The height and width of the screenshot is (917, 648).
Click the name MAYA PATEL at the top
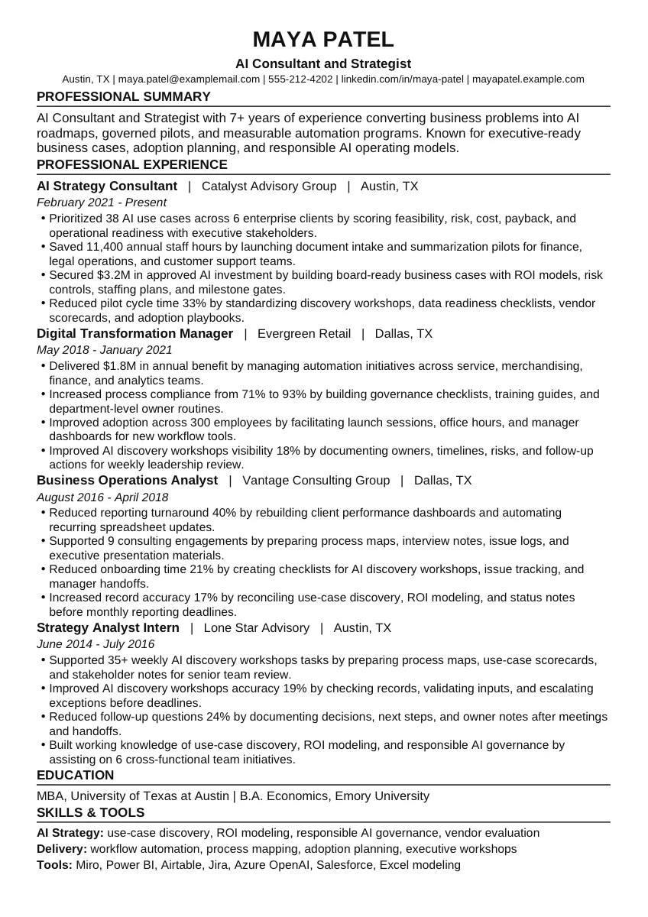tap(323, 39)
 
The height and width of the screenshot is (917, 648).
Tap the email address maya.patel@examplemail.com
tap(189, 79)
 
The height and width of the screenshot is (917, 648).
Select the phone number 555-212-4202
tap(300, 79)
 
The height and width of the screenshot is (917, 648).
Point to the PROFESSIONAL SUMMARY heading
tap(123, 96)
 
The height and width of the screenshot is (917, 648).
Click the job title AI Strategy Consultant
tap(106, 186)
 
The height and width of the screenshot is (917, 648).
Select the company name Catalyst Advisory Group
tap(269, 186)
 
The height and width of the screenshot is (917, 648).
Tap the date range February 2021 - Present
tap(101, 203)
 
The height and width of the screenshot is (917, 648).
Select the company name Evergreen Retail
tap(304, 333)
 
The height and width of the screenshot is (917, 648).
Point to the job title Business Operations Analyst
tap(127, 480)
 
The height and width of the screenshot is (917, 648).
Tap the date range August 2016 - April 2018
tap(102, 497)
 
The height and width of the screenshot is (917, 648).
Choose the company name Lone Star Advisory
tap(257, 627)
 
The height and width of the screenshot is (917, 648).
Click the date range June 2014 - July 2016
tap(96, 644)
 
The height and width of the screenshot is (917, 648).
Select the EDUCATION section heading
tap(75, 775)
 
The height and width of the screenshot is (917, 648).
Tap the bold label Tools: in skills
tap(54, 865)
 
